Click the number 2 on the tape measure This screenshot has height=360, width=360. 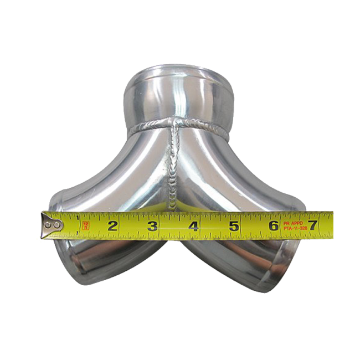point(112,225)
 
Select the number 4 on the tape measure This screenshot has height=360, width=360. point(193,225)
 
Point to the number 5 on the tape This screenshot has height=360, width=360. point(234,225)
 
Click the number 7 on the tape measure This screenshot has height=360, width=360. point(312,225)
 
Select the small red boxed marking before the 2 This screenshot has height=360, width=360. point(86,225)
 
